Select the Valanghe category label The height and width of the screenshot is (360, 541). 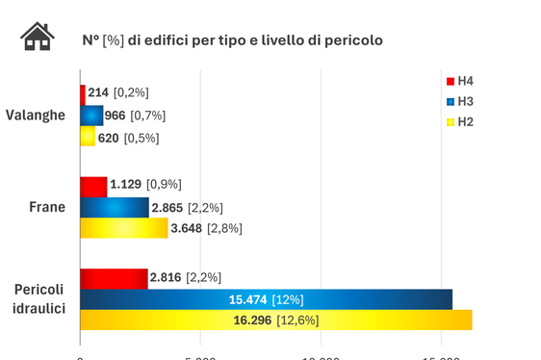pyautogui.click(x=36, y=115)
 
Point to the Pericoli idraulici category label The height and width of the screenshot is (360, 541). pyautogui.click(x=39, y=298)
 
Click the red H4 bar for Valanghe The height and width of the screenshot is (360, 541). pyautogui.click(x=83, y=93)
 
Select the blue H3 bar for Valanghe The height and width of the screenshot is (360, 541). pyautogui.click(x=91, y=116)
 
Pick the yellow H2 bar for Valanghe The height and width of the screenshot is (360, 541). pyautogui.click(x=88, y=138)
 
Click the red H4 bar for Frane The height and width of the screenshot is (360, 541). pyautogui.click(x=93, y=185)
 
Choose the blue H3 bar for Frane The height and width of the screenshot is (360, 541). pyautogui.click(x=115, y=207)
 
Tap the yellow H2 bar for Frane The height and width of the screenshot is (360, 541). pyautogui.click(x=123, y=228)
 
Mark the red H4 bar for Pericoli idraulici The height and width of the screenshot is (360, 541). pyautogui.click(x=114, y=277)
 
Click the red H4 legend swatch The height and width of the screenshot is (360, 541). pyautogui.click(x=450, y=80)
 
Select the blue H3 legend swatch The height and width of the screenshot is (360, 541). pyautogui.click(x=450, y=101)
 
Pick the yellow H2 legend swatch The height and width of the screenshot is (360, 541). pyautogui.click(x=450, y=122)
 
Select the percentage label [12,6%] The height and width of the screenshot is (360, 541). pyautogui.click(x=297, y=321)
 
